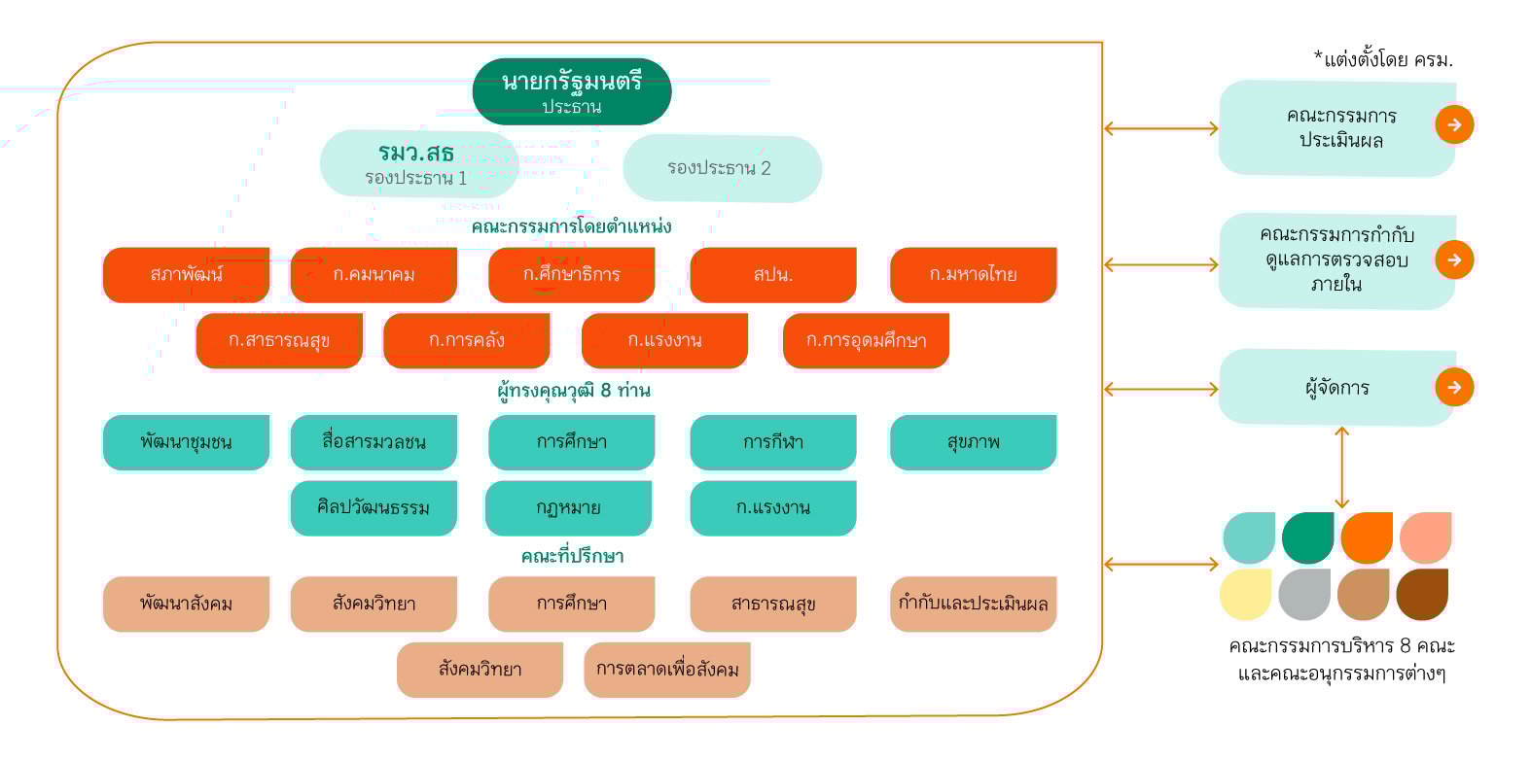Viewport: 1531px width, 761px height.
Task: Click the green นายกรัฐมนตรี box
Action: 571,91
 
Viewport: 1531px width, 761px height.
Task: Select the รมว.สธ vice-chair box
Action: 419,164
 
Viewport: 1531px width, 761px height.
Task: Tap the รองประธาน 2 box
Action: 722,168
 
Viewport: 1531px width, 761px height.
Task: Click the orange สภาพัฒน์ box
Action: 186,275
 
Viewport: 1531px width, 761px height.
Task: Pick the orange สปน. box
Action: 773,275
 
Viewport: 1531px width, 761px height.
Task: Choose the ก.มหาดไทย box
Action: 974,275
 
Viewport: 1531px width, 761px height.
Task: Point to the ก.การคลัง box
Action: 467,340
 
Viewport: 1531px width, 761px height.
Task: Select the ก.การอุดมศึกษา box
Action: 866,340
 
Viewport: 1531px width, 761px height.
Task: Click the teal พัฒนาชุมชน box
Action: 186,442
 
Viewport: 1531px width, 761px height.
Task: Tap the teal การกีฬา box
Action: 773,442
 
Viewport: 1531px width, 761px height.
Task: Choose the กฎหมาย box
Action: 568,507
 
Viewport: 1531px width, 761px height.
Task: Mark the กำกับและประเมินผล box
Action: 974,604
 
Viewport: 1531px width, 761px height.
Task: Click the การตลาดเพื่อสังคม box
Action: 667,670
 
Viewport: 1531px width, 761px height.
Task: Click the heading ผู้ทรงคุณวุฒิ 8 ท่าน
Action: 574,391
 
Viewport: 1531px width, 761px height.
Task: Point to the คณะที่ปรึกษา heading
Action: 572,556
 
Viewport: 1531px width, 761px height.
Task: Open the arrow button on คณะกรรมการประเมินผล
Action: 1454,125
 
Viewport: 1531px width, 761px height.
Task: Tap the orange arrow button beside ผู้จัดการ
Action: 1454,388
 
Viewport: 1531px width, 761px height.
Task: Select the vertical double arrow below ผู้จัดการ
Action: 1341,467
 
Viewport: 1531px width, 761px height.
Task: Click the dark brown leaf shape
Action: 1422,594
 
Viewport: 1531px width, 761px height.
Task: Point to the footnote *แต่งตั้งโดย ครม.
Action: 1383,59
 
